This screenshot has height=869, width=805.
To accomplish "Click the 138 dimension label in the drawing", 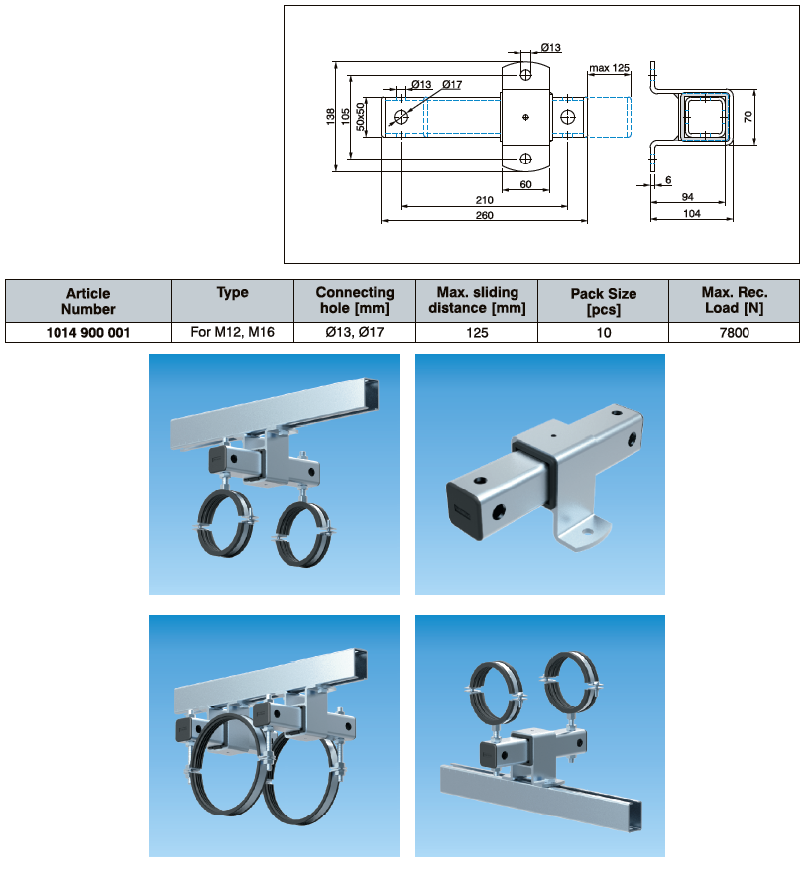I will point(331,117).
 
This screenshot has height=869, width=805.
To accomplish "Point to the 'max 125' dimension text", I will point(609,68).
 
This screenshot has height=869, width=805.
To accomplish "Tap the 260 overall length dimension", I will point(484,215).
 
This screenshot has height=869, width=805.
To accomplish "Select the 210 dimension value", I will point(484,200).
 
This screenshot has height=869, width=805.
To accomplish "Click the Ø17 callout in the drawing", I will point(452,85).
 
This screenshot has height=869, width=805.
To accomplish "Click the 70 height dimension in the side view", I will point(748,117).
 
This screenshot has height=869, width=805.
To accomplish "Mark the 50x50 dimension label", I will point(362,117).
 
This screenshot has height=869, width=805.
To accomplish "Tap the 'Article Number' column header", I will point(88,300).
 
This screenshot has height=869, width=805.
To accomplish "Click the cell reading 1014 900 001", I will point(88,333).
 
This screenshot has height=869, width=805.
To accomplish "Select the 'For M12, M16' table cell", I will point(233,333).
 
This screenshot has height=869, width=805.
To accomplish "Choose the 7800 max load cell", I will point(735,333).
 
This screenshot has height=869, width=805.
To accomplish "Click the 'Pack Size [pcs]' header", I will point(604,300).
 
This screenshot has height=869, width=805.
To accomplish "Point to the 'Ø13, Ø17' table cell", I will point(355,333).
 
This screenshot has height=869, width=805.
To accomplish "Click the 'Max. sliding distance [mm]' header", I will point(477,300).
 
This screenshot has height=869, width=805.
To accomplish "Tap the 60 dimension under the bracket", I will point(525,185).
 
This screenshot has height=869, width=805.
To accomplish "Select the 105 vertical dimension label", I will point(345,117).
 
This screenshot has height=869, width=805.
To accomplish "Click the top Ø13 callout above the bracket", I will point(551,47).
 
